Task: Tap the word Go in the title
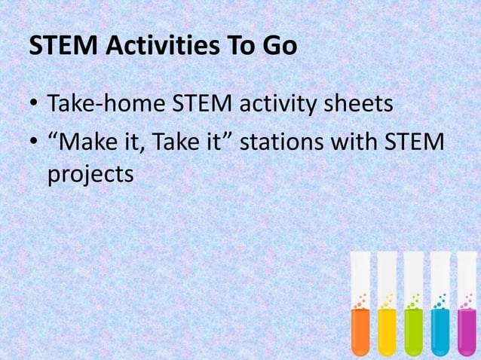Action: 280,47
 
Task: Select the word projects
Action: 90,174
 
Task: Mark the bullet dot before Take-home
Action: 35,105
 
